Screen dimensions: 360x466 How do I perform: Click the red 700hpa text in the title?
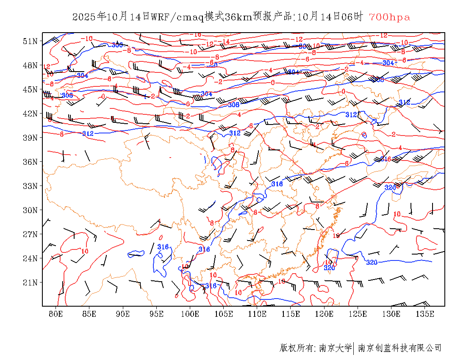click(x=389, y=17)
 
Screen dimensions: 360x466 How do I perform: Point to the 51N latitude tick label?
click(x=30, y=41)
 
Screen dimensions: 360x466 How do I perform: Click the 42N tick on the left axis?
click(x=30, y=114)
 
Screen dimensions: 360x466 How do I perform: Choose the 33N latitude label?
click(x=30, y=186)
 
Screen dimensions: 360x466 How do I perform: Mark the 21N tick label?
click(x=30, y=282)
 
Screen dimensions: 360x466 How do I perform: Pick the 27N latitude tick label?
click(x=30, y=234)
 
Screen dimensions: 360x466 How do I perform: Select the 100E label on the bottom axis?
click(x=190, y=314)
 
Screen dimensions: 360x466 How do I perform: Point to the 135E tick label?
click(x=425, y=314)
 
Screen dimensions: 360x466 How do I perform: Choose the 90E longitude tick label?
click(x=123, y=314)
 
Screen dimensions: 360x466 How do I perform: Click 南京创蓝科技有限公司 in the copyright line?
click(x=399, y=348)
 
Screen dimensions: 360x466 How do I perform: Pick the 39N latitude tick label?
click(x=30, y=138)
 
